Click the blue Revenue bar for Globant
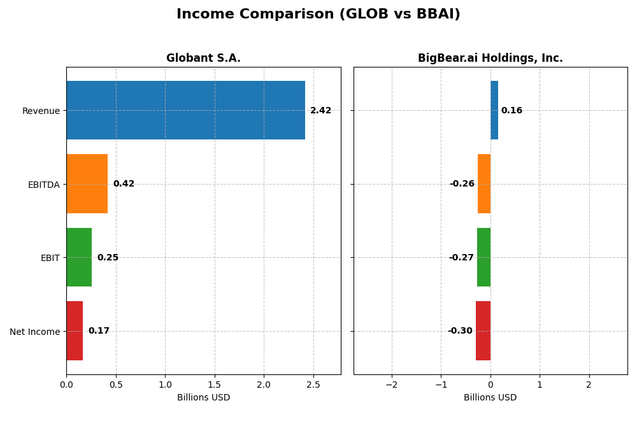(x=185, y=110)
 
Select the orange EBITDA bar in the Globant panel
(x=87, y=184)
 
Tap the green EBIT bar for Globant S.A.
(x=79, y=257)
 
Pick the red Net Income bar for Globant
(x=75, y=331)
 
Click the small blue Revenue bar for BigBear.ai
(x=494, y=110)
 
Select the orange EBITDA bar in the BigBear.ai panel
(x=484, y=184)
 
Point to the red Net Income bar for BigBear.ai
(x=483, y=331)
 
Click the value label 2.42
(x=320, y=111)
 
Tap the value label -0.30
(x=460, y=331)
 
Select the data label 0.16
(x=512, y=111)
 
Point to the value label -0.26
(x=462, y=184)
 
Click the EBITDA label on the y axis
(x=43, y=185)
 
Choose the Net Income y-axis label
(x=34, y=332)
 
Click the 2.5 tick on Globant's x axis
(x=313, y=385)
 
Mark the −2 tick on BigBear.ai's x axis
(x=391, y=385)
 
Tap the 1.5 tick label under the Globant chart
(x=215, y=385)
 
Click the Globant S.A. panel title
(x=203, y=59)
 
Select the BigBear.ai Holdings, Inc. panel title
(x=490, y=59)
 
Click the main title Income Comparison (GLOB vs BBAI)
(x=318, y=14)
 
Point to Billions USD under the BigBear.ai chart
(x=490, y=398)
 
